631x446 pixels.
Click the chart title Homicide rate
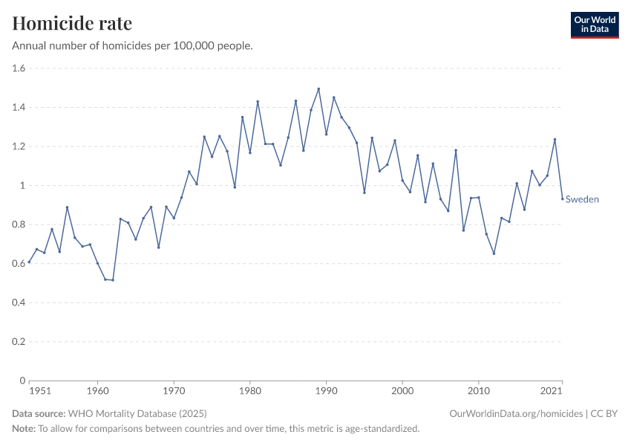pyautogui.click(x=72, y=23)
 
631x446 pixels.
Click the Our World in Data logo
pyautogui.click(x=594, y=25)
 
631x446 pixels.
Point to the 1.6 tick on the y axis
pyautogui.click(x=19, y=68)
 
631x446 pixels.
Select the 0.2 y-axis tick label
pyautogui.click(x=19, y=342)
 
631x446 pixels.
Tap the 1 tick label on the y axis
pyautogui.click(x=22, y=186)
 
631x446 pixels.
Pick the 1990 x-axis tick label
pyautogui.click(x=326, y=391)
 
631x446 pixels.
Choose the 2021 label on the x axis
pyautogui.click(x=549, y=391)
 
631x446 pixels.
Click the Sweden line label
pyautogui.click(x=582, y=199)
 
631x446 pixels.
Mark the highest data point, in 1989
pyautogui.click(x=318, y=89)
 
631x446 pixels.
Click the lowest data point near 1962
pyautogui.click(x=113, y=280)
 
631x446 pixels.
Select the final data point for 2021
pyautogui.click(x=562, y=198)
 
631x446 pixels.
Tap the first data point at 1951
pyautogui.click(x=29, y=262)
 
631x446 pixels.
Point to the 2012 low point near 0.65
pyautogui.click(x=494, y=253)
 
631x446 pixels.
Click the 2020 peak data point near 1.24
pyautogui.click(x=555, y=140)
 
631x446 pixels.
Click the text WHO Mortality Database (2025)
pyautogui.click(x=137, y=413)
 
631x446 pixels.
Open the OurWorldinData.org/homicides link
pyautogui.click(x=517, y=413)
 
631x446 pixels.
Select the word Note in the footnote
pyautogui.click(x=24, y=429)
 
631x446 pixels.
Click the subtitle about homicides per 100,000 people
pyautogui.click(x=133, y=46)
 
